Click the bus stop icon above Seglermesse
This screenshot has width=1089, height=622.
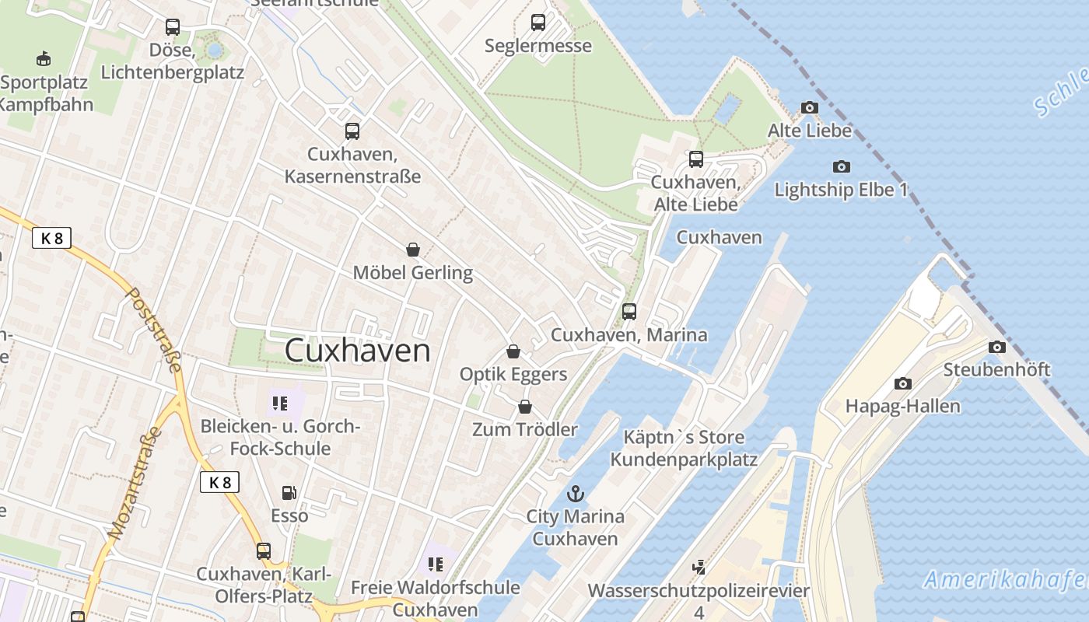coord(538,23)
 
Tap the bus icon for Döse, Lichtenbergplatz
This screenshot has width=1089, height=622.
coord(173,27)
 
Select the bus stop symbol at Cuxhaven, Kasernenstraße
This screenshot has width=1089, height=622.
coord(352,131)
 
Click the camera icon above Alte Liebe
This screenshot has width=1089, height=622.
coord(810,108)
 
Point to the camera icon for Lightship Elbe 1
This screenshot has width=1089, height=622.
coord(841,166)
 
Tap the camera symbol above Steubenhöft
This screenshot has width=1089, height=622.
coord(996,347)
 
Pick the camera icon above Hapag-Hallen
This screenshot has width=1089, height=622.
coord(902,383)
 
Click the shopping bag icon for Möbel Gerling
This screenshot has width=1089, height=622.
coord(413,250)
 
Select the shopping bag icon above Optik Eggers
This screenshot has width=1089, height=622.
coord(513,351)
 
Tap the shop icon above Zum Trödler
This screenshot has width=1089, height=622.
coord(525,407)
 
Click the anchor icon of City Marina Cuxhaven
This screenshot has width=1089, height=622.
coord(575,493)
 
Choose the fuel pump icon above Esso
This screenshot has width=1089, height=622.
coord(289,492)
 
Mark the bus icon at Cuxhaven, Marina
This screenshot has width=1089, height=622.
coord(629,312)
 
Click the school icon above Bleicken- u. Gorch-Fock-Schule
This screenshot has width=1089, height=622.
coord(280,403)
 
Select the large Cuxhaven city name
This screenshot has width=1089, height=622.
coord(357,350)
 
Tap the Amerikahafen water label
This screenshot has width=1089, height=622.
coord(1006,579)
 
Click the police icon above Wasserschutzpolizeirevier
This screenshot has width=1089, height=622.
coord(699,567)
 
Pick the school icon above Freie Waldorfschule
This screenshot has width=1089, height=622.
coord(435,564)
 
